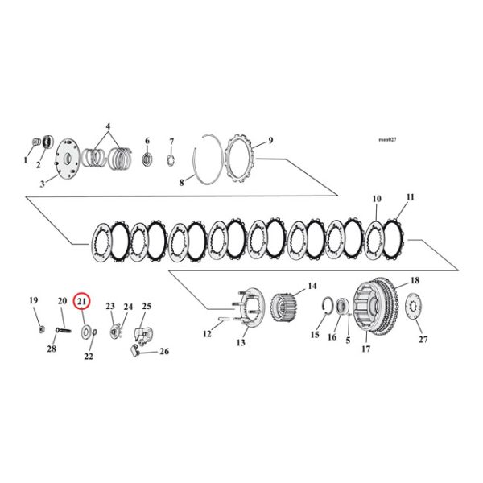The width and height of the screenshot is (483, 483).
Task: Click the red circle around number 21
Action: pyautogui.click(x=82, y=302)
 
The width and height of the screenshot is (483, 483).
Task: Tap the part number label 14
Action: pyautogui.click(x=311, y=286)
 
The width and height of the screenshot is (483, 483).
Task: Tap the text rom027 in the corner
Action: pyautogui.click(x=387, y=140)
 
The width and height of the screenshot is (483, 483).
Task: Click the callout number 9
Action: pyautogui.click(x=270, y=140)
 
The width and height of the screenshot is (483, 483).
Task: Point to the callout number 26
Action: pyautogui.click(x=164, y=351)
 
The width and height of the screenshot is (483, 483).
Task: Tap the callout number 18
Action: pyautogui.click(x=415, y=281)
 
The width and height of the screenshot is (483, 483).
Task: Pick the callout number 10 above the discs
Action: pyautogui.click(x=376, y=199)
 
